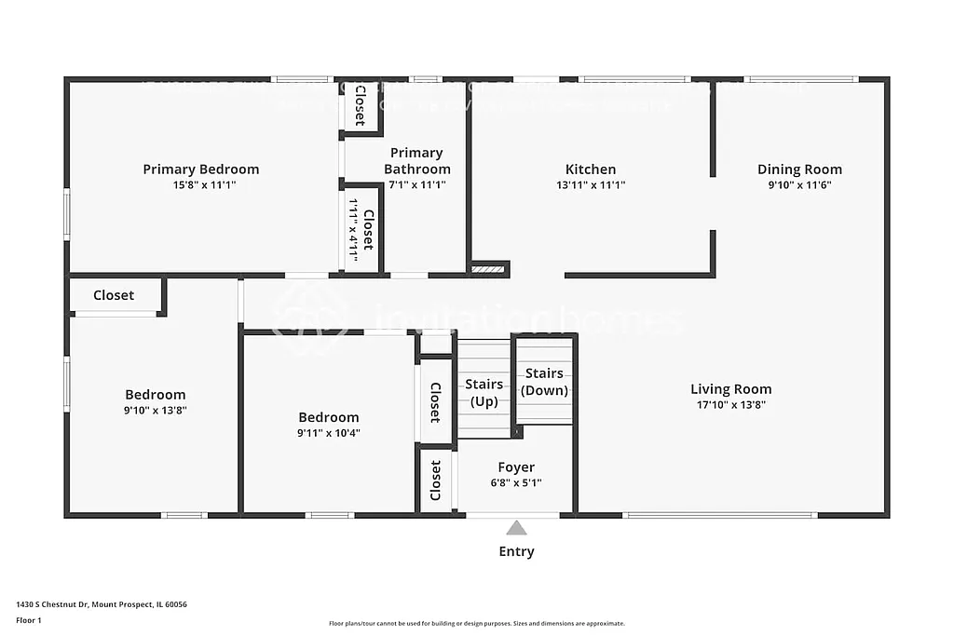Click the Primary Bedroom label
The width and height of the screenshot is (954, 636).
[201, 169]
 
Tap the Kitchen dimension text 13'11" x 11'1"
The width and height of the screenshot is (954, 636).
[591, 185]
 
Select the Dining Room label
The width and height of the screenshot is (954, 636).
[799, 169]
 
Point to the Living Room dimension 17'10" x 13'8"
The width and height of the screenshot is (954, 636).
[730, 405]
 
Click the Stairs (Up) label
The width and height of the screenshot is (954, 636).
[484, 392]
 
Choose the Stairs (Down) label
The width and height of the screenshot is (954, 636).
[544, 382]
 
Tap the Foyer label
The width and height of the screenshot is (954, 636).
[516, 467]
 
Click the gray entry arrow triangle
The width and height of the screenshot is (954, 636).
[516, 528]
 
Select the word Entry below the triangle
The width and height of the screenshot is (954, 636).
[516, 551]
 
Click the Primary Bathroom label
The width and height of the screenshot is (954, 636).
[416, 161]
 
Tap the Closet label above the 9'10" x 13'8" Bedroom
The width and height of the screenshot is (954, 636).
[114, 295]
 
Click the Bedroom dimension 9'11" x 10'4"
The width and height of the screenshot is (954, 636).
[328, 433]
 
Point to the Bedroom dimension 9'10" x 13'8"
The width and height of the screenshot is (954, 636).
[156, 410]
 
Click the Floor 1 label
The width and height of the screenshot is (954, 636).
[29, 620]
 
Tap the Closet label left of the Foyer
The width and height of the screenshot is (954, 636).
[435, 480]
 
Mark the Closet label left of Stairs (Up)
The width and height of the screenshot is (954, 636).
[435, 402]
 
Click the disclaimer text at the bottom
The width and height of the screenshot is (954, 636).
[476, 624]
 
